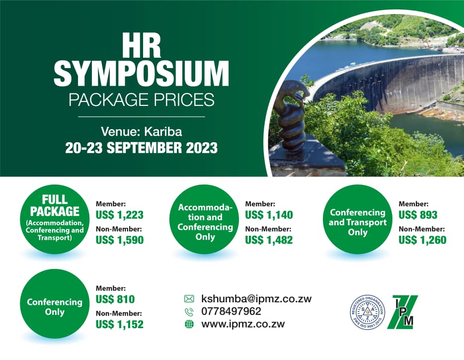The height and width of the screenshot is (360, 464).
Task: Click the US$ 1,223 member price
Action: [x=119, y=215]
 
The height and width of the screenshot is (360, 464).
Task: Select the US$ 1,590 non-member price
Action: [x=119, y=240]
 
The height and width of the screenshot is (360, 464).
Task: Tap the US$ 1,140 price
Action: [x=269, y=215]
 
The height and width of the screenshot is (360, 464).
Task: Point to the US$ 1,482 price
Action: [x=269, y=240]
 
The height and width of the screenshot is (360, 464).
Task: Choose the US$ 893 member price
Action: [x=418, y=215]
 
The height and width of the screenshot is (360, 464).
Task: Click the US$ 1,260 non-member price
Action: [x=422, y=240]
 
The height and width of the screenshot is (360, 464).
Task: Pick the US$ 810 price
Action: [x=115, y=299]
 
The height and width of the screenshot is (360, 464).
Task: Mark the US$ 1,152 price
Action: [x=119, y=325]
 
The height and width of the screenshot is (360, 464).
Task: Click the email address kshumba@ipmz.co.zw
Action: [x=256, y=299]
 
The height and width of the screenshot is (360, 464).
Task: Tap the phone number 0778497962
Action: [x=231, y=312]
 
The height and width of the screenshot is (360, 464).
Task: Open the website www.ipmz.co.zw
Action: [x=243, y=325]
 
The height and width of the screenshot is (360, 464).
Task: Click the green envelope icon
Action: [x=189, y=299]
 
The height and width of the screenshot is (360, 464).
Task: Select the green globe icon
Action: [x=189, y=325]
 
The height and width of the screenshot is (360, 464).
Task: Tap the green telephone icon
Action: [x=189, y=312]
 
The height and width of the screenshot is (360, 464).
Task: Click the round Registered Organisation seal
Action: [x=368, y=312]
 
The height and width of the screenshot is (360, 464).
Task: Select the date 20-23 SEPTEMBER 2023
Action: [x=142, y=148]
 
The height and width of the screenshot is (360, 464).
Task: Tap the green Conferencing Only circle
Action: [x=55, y=307]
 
